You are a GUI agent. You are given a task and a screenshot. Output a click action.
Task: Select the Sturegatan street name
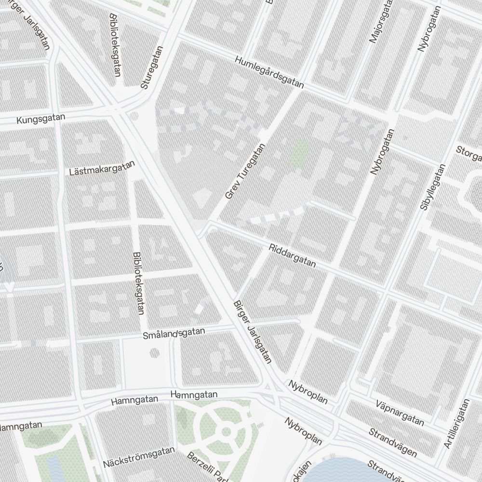click(x=152, y=67)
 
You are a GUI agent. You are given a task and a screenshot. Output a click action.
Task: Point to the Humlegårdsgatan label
click(x=269, y=72)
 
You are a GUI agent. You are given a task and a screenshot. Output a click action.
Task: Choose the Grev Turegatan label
click(x=245, y=172)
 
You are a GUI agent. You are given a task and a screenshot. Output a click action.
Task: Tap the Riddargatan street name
click(x=293, y=255)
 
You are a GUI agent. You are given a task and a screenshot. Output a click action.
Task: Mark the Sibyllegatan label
click(x=432, y=187)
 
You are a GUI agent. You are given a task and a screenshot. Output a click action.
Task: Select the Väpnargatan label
click(x=400, y=413)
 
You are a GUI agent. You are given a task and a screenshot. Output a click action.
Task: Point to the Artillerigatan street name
click(x=456, y=424)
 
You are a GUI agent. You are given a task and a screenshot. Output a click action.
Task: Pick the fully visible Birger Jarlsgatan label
click(x=253, y=332)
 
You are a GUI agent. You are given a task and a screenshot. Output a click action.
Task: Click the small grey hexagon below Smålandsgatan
click(x=154, y=353)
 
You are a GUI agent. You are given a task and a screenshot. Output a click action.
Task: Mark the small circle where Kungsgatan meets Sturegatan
click(x=134, y=116)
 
